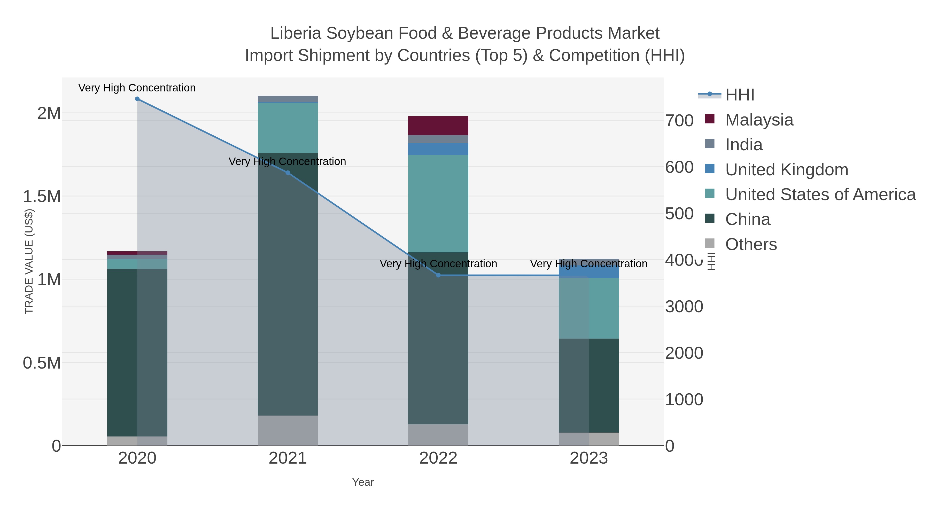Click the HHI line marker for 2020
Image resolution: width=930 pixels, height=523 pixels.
pos(137,99)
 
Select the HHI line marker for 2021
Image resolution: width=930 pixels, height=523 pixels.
pos(288,173)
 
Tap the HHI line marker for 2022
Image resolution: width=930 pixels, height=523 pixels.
pos(438,275)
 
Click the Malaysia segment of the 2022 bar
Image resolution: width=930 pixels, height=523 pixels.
pos(438,126)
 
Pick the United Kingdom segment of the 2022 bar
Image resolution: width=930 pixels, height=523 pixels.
pos(438,149)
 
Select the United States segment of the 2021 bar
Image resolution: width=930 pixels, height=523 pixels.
pos(288,128)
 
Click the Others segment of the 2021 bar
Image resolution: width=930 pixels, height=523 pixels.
pos(288,430)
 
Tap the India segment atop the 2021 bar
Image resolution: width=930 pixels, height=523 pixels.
pos(288,99)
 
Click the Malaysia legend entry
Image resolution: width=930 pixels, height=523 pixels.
pos(759,120)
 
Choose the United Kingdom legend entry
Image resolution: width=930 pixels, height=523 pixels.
pos(786,170)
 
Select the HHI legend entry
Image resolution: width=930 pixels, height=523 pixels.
pos(739,95)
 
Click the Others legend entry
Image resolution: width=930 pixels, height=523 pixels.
pos(750,244)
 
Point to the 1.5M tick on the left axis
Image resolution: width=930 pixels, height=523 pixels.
pos(42,196)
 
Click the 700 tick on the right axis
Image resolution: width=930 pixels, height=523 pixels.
pos(679,121)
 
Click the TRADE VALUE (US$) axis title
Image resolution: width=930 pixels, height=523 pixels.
pos(29,261)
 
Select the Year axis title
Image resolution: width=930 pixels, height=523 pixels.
pos(363,482)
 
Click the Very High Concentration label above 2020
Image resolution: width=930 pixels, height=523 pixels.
pos(137,88)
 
